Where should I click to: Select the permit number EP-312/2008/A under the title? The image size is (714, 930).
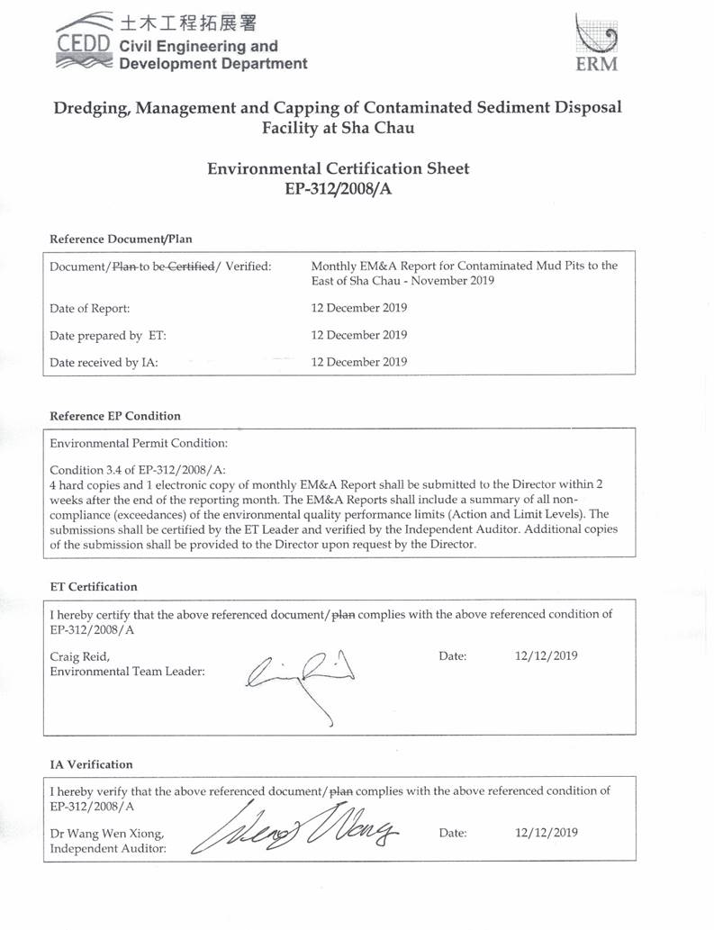[x=338, y=189]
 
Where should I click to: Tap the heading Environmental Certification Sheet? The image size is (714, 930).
[x=338, y=168]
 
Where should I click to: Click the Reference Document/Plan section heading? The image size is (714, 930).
[x=121, y=239]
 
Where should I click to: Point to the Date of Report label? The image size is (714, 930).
[x=90, y=308]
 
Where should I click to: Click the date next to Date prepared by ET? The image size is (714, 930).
[x=358, y=335]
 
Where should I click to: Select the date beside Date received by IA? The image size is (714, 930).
[x=358, y=362]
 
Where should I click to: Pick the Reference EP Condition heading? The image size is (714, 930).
[x=115, y=416]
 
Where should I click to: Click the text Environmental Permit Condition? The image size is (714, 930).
[x=139, y=444]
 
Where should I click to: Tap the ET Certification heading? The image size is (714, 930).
[x=94, y=587]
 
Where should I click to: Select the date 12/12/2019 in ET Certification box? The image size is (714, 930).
[x=546, y=655]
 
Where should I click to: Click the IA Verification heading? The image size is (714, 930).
[x=91, y=764]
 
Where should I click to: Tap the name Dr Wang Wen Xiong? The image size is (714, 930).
[x=106, y=833]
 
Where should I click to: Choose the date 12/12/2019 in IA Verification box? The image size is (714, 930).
[x=546, y=833]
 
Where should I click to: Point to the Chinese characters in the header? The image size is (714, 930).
[x=184, y=22]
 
